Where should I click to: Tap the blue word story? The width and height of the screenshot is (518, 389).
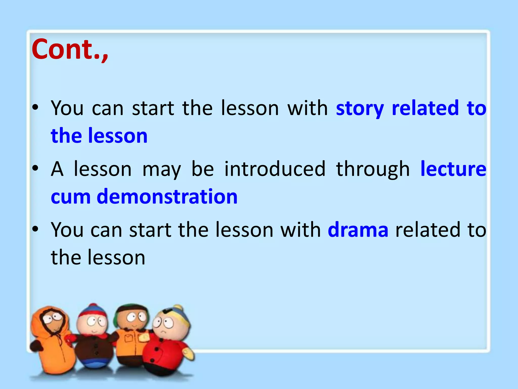pyautogui.click(x=360, y=108)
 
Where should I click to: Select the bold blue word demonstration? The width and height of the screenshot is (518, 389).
pyautogui.click(x=167, y=197)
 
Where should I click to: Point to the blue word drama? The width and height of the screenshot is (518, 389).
pyautogui.click(x=358, y=230)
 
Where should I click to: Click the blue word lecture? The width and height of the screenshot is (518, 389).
pyautogui.click(x=453, y=169)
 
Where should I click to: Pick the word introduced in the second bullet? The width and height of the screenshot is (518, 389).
pyautogui.click(x=275, y=169)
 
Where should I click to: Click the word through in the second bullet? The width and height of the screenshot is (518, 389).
pyautogui.click(x=373, y=169)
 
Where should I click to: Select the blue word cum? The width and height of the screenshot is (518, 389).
pyautogui.click(x=71, y=197)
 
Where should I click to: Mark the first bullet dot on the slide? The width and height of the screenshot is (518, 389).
pyautogui.click(x=35, y=107)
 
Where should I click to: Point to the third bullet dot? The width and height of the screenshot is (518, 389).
pyautogui.click(x=35, y=229)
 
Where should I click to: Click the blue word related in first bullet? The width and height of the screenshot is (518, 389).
pyautogui.click(x=425, y=108)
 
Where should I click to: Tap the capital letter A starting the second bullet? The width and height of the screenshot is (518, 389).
pyautogui.click(x=57, y=169)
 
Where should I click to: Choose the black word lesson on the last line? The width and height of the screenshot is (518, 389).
pyautogui.click(x=116, y=257)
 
